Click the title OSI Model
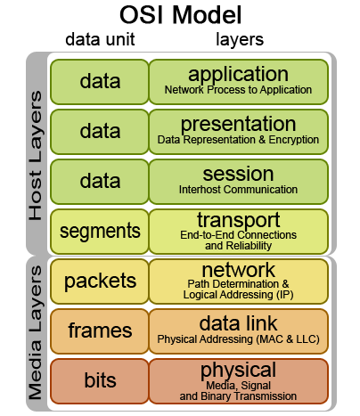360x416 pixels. coord(181,16)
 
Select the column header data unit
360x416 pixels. coord(106,40)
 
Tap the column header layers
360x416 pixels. coord(240,40)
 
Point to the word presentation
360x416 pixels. coord(237,124)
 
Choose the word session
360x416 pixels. coord(237,174)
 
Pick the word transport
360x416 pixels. coord(238,219)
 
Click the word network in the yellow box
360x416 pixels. coord(238,269)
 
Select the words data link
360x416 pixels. coord(238,322)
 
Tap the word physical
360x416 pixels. coord(238,370)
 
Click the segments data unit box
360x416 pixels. coord(100,232)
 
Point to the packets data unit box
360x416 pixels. coord(100,281)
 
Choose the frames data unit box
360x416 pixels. coord(100,331)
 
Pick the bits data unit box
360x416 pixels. coord(100,381)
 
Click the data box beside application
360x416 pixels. coord(100,82)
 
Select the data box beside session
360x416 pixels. coord(100,182)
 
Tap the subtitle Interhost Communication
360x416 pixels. coord(238,190)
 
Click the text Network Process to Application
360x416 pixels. coord(238,90)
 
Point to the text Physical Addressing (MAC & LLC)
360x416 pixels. coord(238,339)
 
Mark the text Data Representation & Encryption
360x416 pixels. coord(238,140)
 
